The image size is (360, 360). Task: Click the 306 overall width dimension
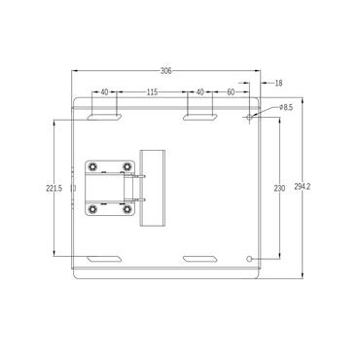(166, 71)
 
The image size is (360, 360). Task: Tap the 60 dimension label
(231, 91)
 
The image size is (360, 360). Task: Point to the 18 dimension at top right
(278, 84)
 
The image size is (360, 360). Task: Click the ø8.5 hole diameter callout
(286, 107)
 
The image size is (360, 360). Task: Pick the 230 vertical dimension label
(279, 188)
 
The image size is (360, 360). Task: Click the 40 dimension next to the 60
(200, 91)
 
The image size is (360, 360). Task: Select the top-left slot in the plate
(104, 117)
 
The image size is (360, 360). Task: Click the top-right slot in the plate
(200, 117)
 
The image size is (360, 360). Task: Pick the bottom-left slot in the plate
(104, 259)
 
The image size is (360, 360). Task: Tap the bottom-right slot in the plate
(200, 259)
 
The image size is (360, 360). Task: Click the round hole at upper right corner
(250, 117)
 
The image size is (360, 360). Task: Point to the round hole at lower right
(250, 259)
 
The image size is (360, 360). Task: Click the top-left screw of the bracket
(93, 166)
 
